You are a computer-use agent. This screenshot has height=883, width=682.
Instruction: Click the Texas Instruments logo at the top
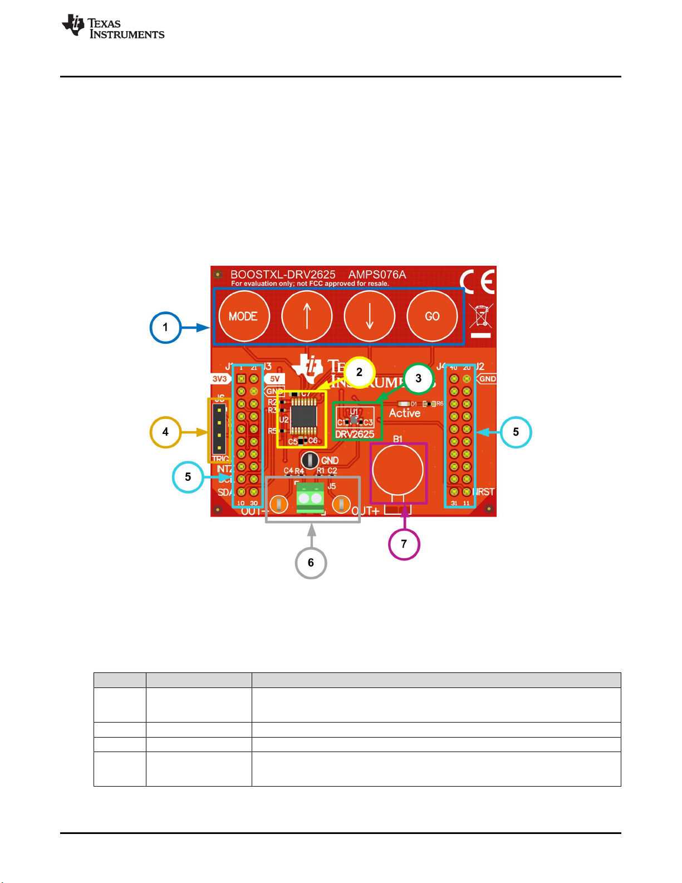(113, 27)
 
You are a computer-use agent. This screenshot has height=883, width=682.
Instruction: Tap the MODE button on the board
(243, 316)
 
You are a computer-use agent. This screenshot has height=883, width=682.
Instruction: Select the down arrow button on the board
(369, 316)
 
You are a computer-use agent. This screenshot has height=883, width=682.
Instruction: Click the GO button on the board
(432, 316)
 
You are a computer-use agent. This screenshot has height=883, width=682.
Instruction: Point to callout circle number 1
(165, 328)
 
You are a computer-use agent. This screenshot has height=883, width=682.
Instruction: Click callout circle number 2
(359, 372)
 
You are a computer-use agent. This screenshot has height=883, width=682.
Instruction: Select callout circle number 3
(419, 379)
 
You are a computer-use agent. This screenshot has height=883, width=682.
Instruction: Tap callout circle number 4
(165, 432)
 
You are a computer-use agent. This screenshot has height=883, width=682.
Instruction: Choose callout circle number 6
(311, 563)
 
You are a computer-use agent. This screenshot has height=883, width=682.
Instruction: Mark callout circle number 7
(404, 544)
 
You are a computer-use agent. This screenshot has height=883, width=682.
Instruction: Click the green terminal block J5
(310, 498)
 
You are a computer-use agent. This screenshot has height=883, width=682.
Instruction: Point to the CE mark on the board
(478, 282)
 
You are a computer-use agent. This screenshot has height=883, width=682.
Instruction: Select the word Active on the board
(405, 413)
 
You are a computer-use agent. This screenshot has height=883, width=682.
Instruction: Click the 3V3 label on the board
(220, 379)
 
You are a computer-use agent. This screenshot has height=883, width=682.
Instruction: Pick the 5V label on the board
(274, 379)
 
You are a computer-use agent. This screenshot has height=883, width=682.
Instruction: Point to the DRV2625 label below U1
(355, 435)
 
